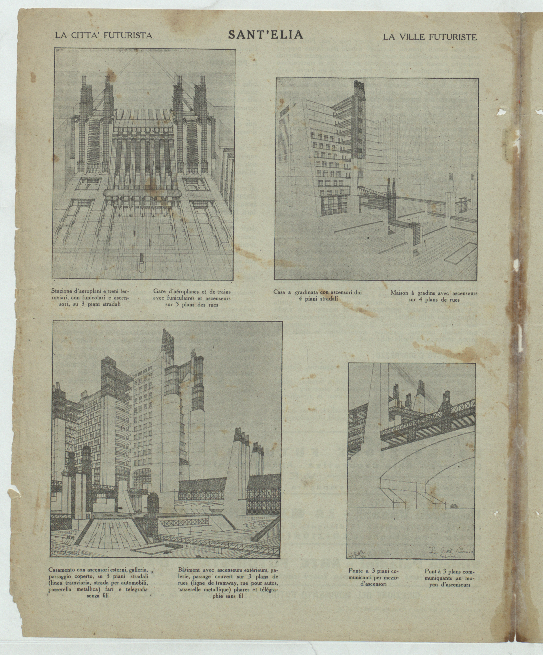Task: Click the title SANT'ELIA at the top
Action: [266, 35]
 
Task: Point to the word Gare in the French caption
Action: [159, 292]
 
